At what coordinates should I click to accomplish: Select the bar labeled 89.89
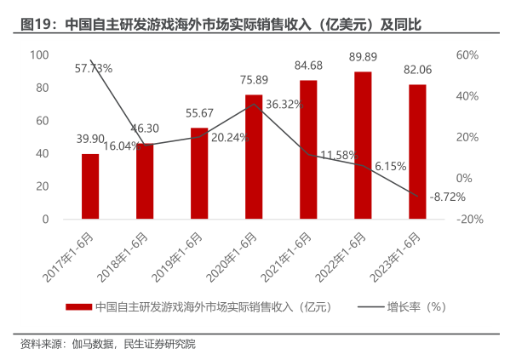363,146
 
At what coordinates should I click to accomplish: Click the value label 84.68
308,65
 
